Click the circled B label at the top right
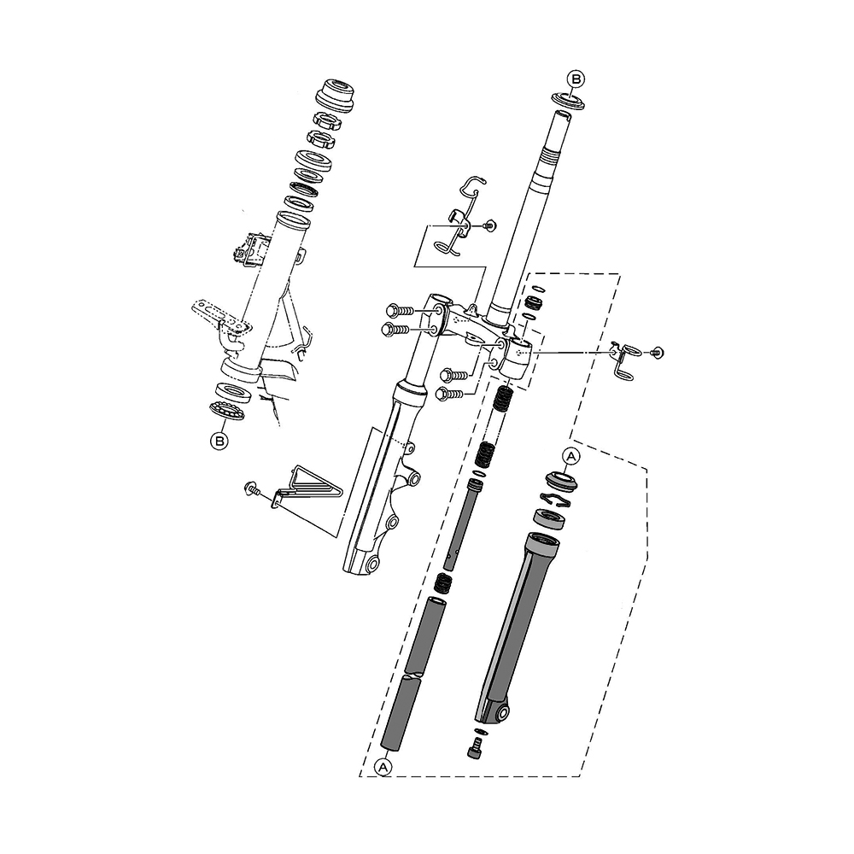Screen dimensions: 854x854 (x=576, y=79)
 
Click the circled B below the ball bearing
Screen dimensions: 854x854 (x=219, y=440)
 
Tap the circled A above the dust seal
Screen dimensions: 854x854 (x=570, y=456)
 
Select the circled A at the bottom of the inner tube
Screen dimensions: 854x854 (x=384, y=768)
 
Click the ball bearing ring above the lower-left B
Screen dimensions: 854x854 (x=227, y=410)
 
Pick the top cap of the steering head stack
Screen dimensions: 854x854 (x=335, y=94)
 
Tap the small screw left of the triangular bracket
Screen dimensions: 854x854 (x=252, y=488)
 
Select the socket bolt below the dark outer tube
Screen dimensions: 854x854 (x=476, y=746)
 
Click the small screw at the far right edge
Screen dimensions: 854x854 (x=657, y=353)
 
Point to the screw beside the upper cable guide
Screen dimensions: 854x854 (x=488, y=225)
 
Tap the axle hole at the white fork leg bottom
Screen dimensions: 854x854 (x=372, y=564)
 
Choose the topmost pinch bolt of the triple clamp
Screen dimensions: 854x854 (x=399, y=311)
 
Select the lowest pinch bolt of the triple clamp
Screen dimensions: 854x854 (x=450, y=393)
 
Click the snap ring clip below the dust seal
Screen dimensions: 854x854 (x=556, y=499)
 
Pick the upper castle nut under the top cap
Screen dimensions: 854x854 (x=327, y=120)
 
